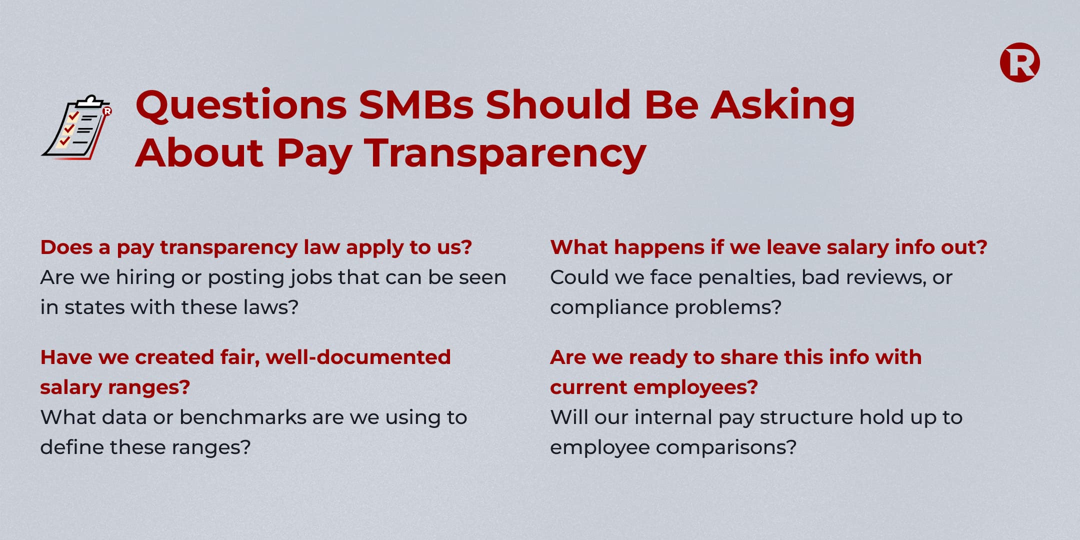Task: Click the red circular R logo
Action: pos(1019,63)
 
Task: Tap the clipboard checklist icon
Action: pos(76,127)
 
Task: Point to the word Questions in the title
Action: pos(241,105)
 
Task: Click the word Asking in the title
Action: pos(783,105)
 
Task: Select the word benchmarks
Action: pos(243,417)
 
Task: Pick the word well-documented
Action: pos(358,357)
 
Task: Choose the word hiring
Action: pos(145,277)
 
